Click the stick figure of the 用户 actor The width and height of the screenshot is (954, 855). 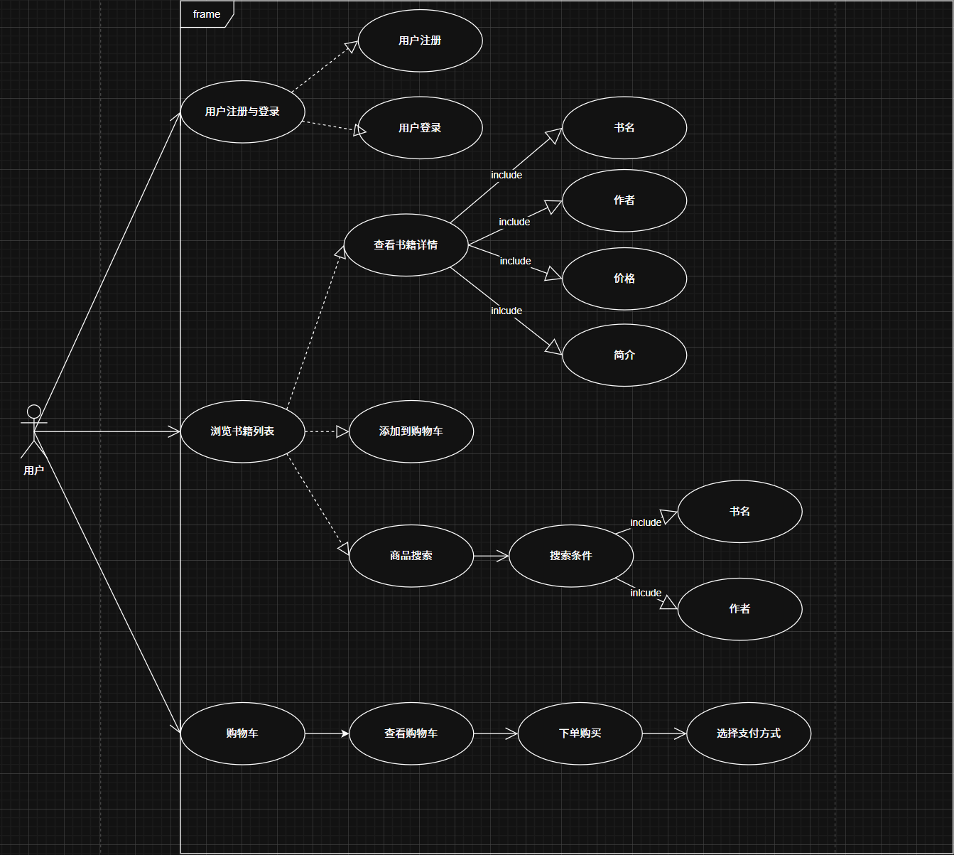[33, 430]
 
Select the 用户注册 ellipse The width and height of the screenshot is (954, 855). [420, 41]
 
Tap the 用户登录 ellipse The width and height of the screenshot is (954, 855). [420, 128]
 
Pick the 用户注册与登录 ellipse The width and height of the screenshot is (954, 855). [242, 112]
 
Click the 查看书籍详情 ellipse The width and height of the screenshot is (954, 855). [406, 245]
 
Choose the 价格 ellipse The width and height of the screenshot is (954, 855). [624, 279]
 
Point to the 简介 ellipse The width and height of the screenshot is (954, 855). [624, 355]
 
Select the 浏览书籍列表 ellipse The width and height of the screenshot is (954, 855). [242, 431]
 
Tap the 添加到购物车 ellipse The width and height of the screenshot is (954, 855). [411, 431]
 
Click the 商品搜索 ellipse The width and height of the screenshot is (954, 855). [411, 556]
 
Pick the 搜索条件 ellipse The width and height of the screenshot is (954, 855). [570, 556]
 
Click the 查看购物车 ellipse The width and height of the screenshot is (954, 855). [411, 733]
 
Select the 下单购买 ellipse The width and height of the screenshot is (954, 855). [580, 733]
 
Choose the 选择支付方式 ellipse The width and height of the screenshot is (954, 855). [748, 733]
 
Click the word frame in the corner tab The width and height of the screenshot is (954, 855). [207, 14]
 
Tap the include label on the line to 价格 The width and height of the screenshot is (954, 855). [515, 262]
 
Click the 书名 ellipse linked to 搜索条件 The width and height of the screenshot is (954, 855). [739, 512]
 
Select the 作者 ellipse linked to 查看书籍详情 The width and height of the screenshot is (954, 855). [624, 200]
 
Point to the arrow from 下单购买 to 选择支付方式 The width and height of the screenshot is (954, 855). [664, 733]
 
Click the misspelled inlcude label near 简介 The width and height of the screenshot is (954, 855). [506, 311]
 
